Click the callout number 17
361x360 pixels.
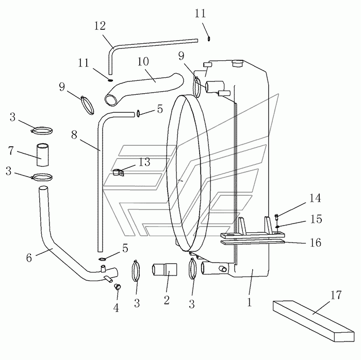click(x=336, y=295)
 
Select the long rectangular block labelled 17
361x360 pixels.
click(x=314, y=321)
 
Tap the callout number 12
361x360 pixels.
click(x=100, y=26)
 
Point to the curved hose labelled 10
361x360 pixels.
click(x=144, y=90)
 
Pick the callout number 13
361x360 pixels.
click(x=144, y=162)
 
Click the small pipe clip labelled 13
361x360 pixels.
click(x=119, y=173)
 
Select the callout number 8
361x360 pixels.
click(x=74, y=135)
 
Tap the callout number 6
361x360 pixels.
click(x=29, y=258)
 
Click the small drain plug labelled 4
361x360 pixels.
click(x=118, y=287)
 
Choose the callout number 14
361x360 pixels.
click(x=315, y=198)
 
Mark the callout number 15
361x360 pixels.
click(x=316, y=219)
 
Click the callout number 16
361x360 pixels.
click(x=316, y=243)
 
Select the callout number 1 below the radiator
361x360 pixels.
click(x=250, y=302)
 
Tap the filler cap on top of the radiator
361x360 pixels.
click(x=237, y=63)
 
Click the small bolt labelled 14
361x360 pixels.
click(x=277, y=217)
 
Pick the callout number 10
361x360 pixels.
click(x=143, y=62)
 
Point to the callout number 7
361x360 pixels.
click(x=11, y=151)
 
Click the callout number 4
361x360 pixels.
click(x=116, y=308)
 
